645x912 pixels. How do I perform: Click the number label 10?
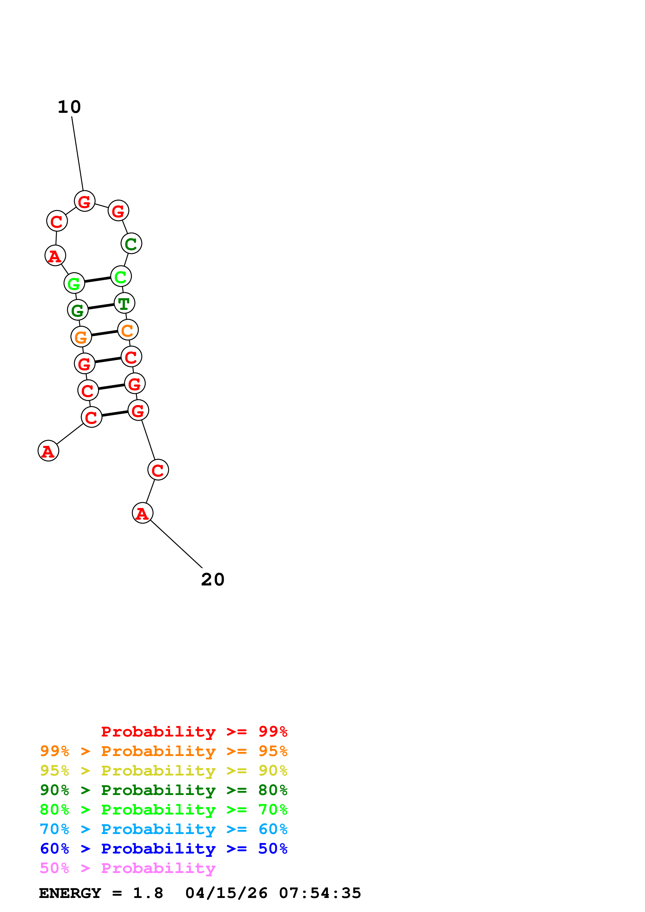click(x=69, y=107)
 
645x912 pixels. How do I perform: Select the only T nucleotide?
click(x=124, y=303)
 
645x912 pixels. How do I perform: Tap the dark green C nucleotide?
click(x=131, y=244)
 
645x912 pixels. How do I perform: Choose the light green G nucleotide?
click(x=74, y=283)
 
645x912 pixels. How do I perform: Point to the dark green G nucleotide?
click(x=78, y=310)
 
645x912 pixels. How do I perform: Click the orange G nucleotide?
click(x=81, y=337)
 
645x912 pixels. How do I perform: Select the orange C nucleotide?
click(x=127, y=330)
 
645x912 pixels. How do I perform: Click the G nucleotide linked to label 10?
click(x=85, y=201)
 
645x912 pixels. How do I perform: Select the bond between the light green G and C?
click(x=97, y=280)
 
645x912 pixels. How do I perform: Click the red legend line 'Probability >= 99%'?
click(x=194, y=731)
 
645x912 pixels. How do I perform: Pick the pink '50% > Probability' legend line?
click(x=127, y=868)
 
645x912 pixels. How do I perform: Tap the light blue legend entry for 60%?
click(x=163, y=829)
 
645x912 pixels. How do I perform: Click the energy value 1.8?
click(x=148, y=893)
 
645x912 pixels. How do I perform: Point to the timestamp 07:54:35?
click(x=320, y=893)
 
